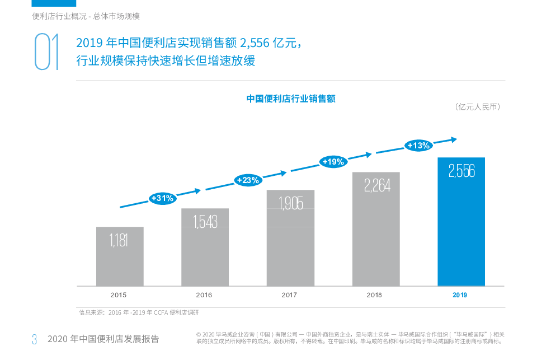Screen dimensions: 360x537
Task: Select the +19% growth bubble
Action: coord(333,162)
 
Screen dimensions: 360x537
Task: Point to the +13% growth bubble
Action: coord(418,146)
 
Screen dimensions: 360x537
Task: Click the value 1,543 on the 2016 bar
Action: coord(205,222)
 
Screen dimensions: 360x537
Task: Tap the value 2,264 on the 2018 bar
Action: coord(376,185)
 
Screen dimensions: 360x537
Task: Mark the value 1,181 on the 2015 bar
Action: coord(119,241)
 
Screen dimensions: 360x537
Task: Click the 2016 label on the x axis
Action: coord(204,294)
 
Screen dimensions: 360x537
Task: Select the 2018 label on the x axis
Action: coord(374,294)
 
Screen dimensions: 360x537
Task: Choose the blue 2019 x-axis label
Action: coord(460,294)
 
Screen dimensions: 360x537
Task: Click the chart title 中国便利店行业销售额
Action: coord(291,99)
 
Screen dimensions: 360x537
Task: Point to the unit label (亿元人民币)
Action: coord(477,106)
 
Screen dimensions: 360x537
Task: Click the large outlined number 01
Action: coord(46,52)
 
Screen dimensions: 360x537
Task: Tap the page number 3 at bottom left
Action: coord(34,339)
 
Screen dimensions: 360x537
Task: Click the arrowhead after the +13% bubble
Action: coord(455,139)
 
